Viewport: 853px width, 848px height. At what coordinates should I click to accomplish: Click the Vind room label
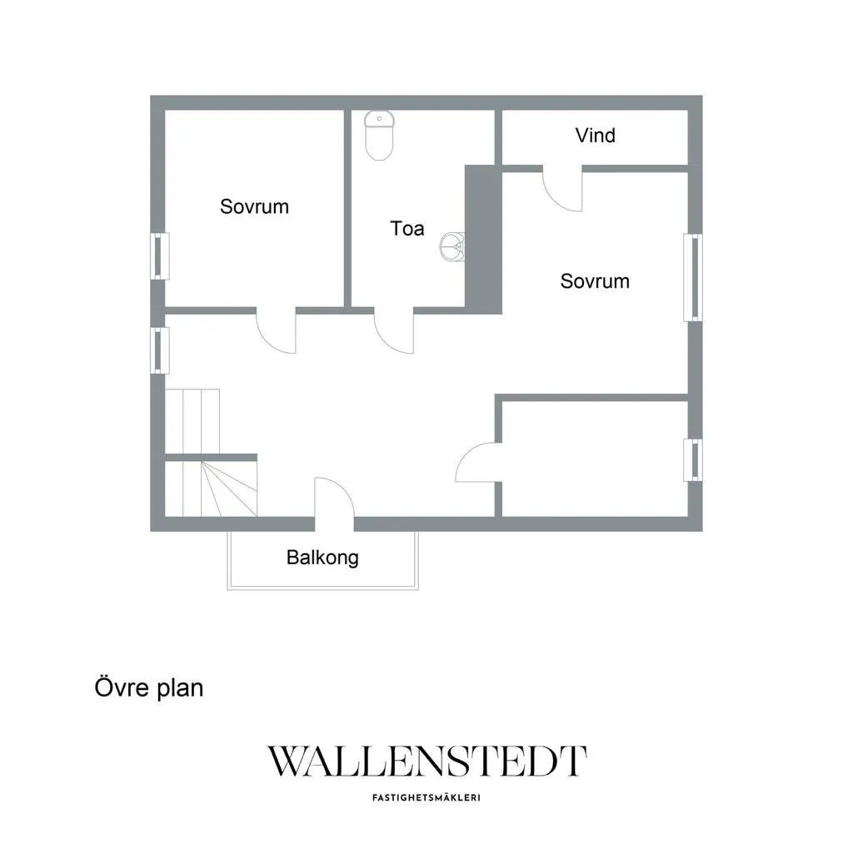(595, 136)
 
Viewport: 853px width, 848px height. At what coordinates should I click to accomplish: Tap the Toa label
(407, 228)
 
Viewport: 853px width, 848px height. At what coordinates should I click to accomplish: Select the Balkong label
(322, 558)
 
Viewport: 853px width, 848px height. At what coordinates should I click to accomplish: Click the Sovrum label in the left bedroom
(254, 206)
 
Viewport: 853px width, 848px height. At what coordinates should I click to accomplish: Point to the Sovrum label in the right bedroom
(595, 281)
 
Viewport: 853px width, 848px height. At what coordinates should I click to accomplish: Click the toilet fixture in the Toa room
(379, 135)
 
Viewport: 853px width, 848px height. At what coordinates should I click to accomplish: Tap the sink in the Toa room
(452, 246)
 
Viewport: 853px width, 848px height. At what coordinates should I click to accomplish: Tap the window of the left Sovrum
(159, 256)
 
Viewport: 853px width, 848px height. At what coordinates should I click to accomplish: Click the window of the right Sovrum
(692, 277)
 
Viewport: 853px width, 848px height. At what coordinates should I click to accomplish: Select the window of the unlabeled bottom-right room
(692, 460)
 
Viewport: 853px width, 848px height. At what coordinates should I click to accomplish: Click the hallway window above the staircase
(159, 350)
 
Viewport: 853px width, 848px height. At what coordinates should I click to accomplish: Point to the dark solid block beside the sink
(483, 240)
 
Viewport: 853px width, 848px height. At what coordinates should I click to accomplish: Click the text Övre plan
(149, 687)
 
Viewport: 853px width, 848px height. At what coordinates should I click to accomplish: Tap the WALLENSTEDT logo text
(426, 761)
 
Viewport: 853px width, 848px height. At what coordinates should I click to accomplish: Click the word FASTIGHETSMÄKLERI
(426, 798)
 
